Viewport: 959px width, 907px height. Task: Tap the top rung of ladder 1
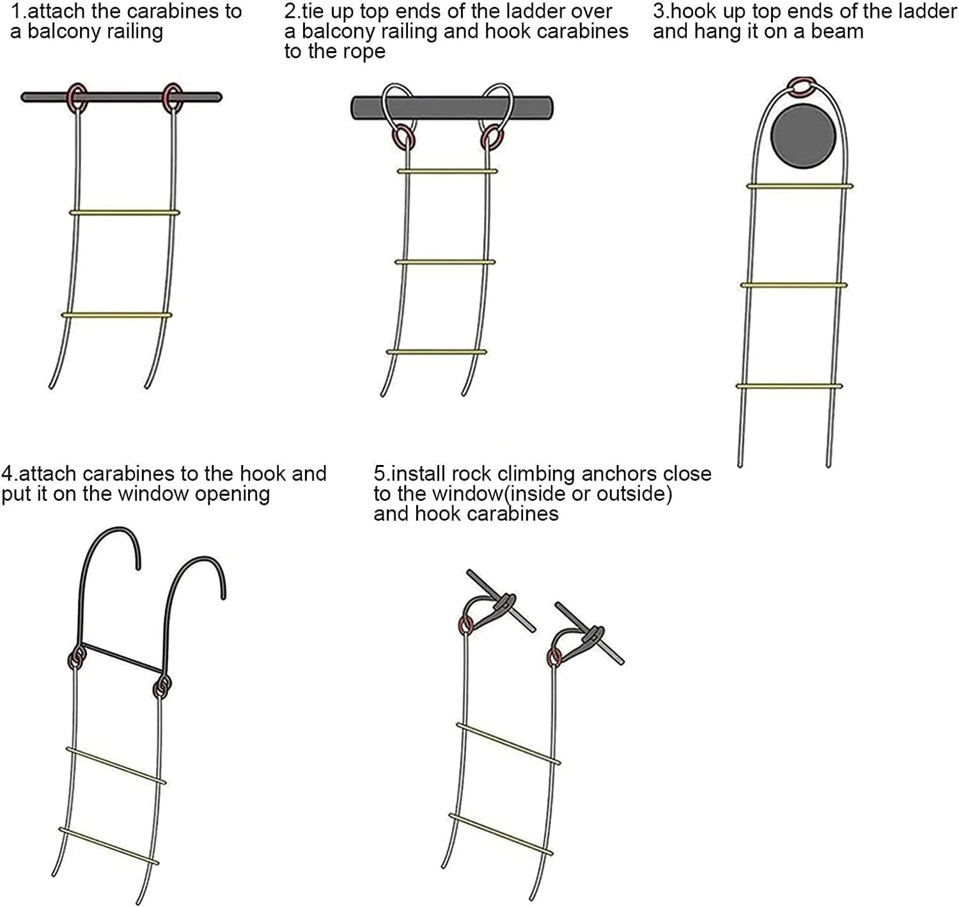[x=125, y=212]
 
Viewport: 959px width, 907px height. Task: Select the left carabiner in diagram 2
[x=405, y=137]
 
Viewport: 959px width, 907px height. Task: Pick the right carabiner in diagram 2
[x=491, y=137]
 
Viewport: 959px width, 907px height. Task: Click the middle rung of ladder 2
[x=445, y=262]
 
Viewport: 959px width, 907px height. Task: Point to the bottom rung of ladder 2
[x=437, y=351]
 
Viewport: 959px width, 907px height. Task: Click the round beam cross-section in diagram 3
[x=803, y=136]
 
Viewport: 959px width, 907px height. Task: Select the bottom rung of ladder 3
[x=789, y=386]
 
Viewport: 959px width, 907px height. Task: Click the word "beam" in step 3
[x=837, y=32]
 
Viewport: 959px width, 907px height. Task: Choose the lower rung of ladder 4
[x=109, y=846]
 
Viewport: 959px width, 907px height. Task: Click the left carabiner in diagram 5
[x=466, y=626]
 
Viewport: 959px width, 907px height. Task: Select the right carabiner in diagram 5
[x=554, y=659]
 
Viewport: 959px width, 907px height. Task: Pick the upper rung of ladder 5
[x=508, y=743]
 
